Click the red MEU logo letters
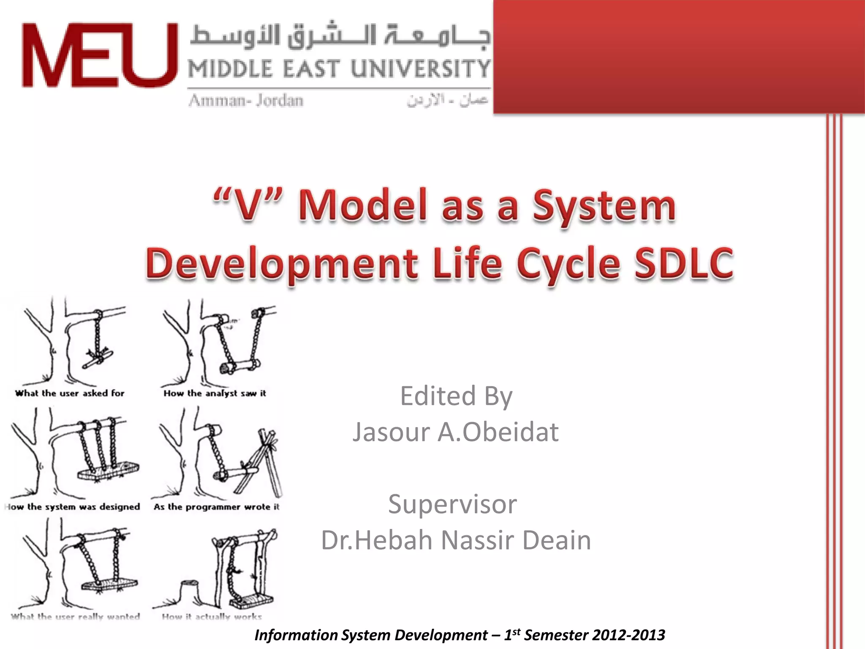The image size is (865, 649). pyautogui.click(x=100, y=55)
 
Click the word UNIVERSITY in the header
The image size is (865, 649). pyautogui.click(x=420, y=69)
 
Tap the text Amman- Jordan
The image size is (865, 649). pyautogui.click(x=246, y=101)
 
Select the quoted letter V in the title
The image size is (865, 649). pyautogui.click(x=248, y=206)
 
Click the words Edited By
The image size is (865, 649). pyautogui.click(x=456, y=396)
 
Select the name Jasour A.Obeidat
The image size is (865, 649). pyautogui.click(x=456, y=432)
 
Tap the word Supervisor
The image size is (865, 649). pyautogui.click(x=452, y=504)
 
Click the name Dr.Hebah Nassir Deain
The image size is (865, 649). pyautogui.click(x=456, y=540)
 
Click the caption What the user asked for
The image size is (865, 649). pyautogui.click(x=70, y=393)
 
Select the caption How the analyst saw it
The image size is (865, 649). pyautogui.click(x=215, y=393)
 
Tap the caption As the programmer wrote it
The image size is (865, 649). pyautogui.click(x=216, y=507)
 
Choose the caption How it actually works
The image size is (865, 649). pyautogui.click(x=212, y=617)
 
